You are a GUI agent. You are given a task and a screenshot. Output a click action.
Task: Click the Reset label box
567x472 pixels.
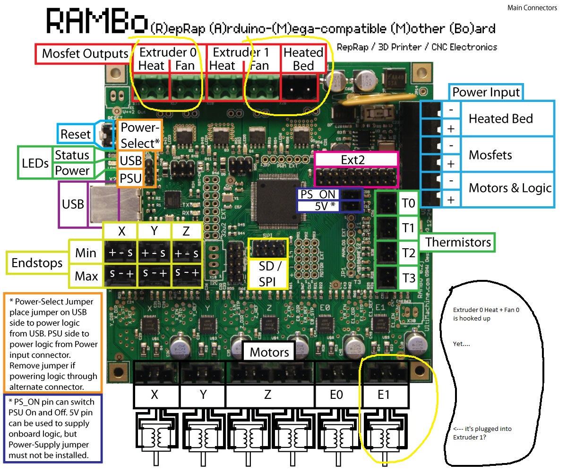pos(75,134)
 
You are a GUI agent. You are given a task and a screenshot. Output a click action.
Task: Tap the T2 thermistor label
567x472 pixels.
pos(409,253)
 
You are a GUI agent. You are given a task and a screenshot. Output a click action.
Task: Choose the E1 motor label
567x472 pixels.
pos(384,394)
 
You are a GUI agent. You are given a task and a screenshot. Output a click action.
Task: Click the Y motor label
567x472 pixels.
pos(203,395)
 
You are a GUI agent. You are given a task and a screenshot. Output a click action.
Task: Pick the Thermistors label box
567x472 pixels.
pos(457,243)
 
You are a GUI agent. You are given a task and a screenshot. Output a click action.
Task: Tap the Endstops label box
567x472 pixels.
pos(37,263)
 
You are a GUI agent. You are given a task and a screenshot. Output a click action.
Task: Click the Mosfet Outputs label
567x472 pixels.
pos(85,53)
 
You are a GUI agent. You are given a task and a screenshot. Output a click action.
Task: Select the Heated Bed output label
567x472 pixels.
pos(303,59)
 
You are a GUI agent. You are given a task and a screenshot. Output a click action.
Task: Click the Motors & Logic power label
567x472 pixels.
pos(510,188)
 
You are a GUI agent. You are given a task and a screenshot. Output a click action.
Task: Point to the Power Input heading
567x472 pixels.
pos(486,92)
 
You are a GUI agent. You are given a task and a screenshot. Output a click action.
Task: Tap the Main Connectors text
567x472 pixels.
pos(533,8)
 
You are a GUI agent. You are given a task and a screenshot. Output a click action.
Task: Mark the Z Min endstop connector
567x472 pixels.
pos(186,253)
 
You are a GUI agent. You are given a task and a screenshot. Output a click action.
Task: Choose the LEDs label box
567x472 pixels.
pos(35,163)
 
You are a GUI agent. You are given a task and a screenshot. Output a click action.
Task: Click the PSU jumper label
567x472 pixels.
pos(130,179)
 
